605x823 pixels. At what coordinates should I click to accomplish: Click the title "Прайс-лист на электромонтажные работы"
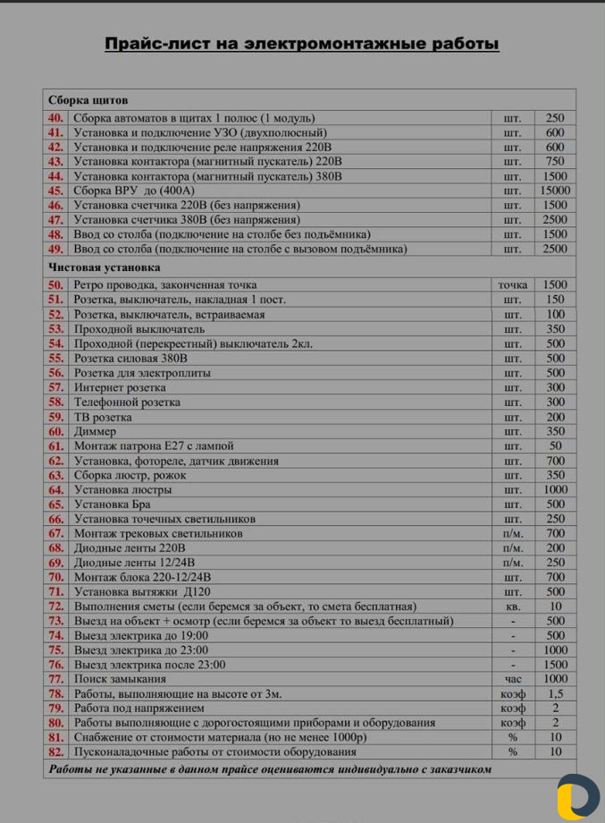301,44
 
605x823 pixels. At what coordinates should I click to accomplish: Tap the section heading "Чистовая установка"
104,267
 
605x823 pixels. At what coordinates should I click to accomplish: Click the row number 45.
55,191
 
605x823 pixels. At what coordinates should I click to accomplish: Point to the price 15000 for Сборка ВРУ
555,191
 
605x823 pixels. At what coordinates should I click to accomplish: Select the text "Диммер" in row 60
96,431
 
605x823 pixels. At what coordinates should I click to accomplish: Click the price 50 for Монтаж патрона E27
555,446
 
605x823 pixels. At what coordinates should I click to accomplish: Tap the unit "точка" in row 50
512,285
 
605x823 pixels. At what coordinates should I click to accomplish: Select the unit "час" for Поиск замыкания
512,679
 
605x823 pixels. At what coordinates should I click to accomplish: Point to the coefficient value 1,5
555,694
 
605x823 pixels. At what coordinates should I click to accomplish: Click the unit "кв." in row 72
512,607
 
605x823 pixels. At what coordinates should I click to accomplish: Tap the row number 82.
55,752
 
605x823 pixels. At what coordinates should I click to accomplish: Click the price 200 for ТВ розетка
555,417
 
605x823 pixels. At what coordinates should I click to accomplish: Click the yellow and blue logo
576,796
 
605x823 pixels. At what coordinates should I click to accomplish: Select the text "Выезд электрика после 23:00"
149,665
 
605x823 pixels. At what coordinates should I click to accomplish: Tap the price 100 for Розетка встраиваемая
555,315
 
